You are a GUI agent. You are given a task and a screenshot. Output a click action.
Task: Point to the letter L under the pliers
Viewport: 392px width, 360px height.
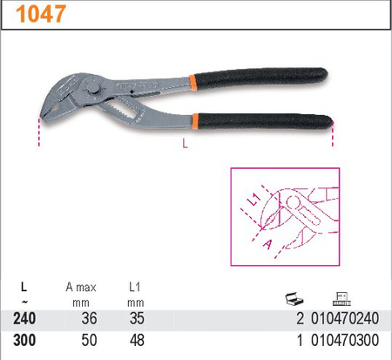(x=185, y=145)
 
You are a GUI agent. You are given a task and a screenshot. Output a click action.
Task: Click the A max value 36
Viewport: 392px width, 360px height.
(x=85, y=318)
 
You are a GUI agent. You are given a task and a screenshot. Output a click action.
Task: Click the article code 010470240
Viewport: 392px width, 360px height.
(x=348, y=318)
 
